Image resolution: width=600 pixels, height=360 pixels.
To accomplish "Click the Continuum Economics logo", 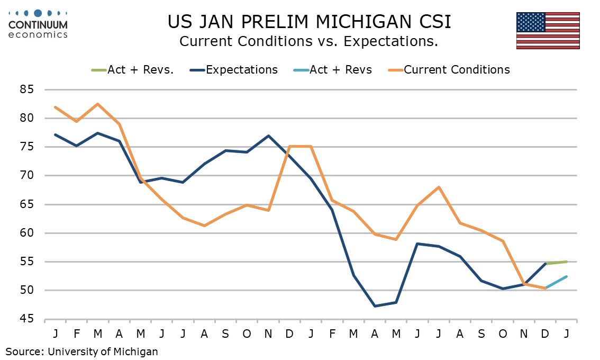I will click(x=38, y=24).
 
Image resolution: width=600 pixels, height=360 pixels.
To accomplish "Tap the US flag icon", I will click(x=548, y=30).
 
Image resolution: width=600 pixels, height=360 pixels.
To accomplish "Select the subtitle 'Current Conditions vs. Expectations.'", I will click(x=308, y=41).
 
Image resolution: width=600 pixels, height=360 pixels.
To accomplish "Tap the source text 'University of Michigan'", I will click(x=103, y=351).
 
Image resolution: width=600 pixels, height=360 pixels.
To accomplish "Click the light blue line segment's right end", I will click(x=567, y=276).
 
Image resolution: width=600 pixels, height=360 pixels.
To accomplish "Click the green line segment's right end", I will click(x=567, y=262).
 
